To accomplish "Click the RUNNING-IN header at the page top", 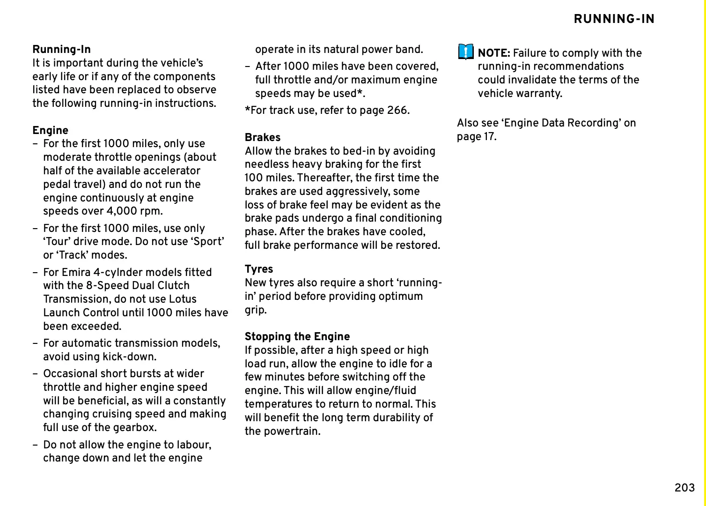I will (x=614, y=19).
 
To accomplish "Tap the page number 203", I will (x=684, y=488).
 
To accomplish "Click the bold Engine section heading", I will (x=50, y=130).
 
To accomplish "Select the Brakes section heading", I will (x=262, y=137).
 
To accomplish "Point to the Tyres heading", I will (x=258, y=269).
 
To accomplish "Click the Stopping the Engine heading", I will (x=297, y=336).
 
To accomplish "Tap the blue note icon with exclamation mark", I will (x=465, y=52).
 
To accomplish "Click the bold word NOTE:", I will (x=493, y=53).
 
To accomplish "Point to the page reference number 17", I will (x=489, y=136).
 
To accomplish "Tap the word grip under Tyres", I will (x=255, y=310).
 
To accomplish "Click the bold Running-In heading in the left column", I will (x=61, y=49).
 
